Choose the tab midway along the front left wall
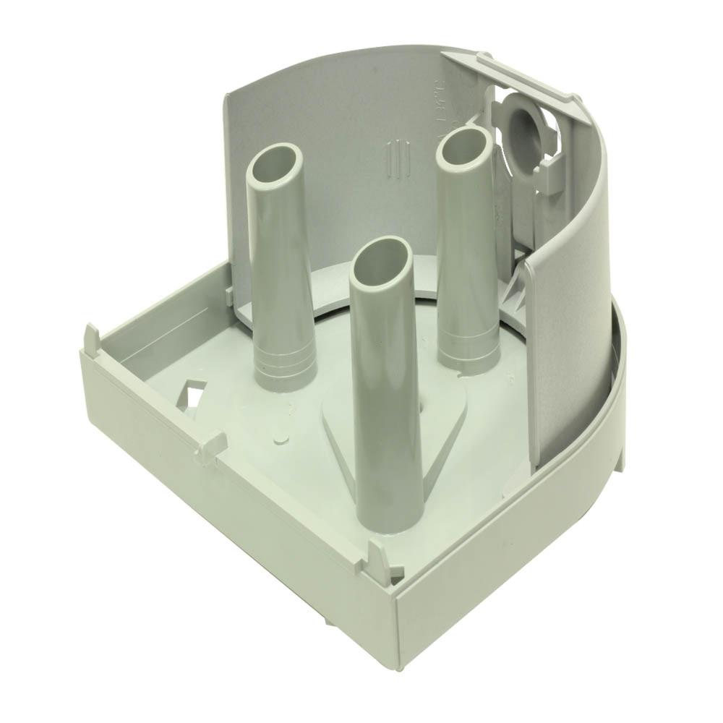coord(210,444)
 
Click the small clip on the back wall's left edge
coord(229,292)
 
